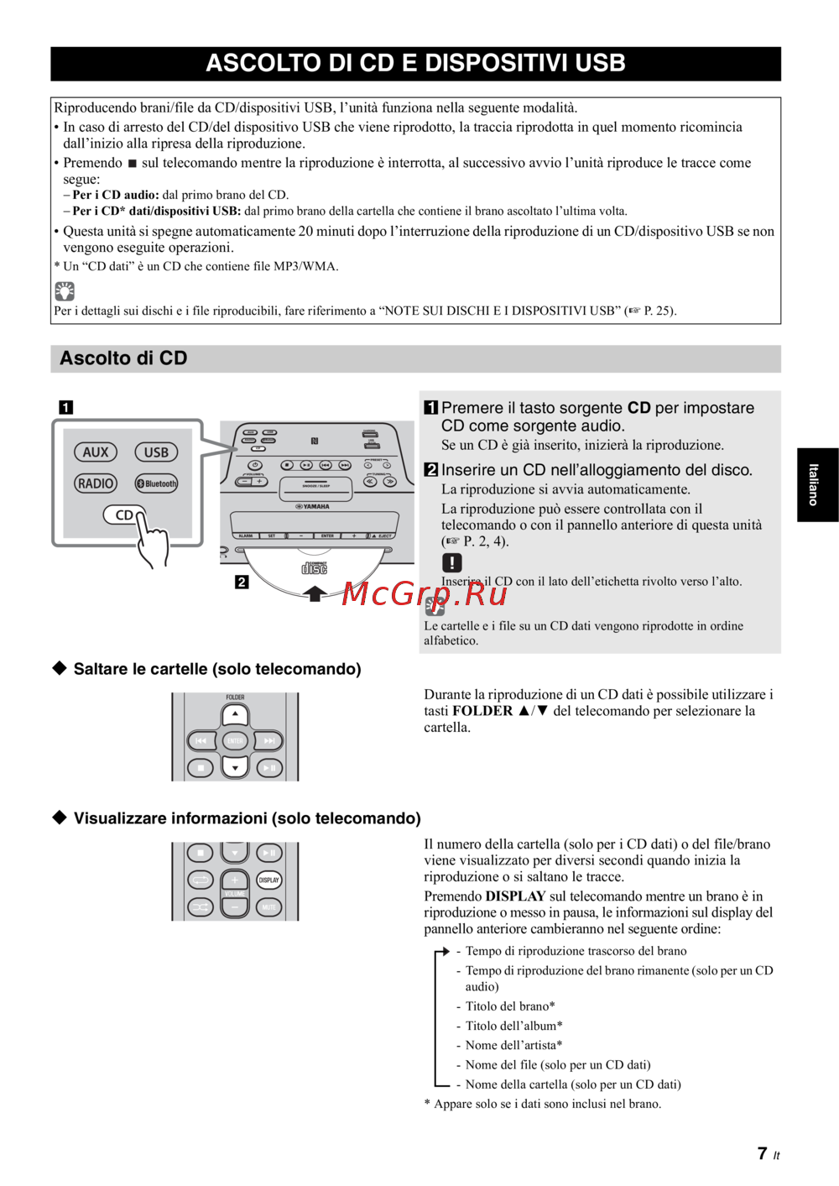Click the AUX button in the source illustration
click(96, 452)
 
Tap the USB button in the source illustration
click(156, 452)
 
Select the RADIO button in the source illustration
click(96, 483)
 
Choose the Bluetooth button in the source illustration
click(157, 483)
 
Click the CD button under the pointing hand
click(123, 515)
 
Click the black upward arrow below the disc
click(315, 594)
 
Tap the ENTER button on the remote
click(235, 741)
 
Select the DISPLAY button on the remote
click(269, 880)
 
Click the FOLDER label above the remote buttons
click(235, 697)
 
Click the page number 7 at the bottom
click(762, 1154)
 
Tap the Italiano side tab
click(814, 485)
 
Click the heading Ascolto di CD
click(123, 358)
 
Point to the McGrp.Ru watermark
click(425, 594)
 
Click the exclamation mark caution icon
click(451, 562)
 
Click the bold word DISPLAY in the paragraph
click(515, 896)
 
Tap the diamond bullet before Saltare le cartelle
click(60, 668)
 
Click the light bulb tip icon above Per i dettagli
click(65, 291)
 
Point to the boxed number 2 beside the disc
click(242, 582)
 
